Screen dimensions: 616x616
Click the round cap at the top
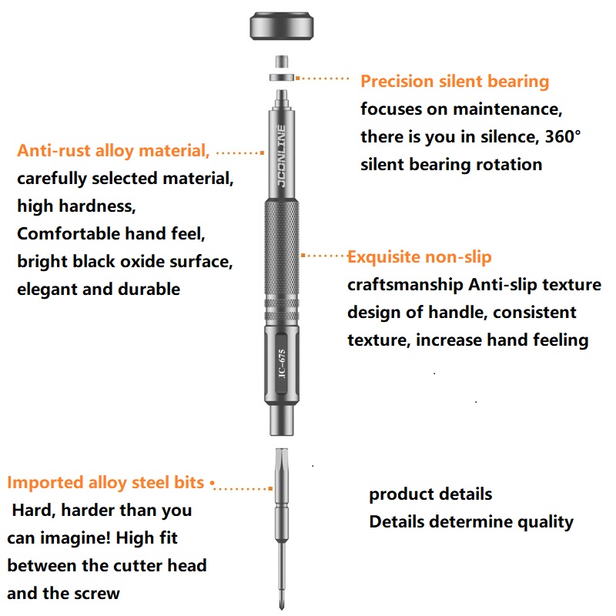coord(282,26)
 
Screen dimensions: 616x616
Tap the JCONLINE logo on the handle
coord(281,156)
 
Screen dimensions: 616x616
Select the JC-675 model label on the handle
coord(281,363)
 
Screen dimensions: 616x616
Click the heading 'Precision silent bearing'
coord(454,82)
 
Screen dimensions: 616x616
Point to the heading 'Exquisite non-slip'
coord(419,257)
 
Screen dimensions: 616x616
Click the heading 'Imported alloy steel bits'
coord(105,483)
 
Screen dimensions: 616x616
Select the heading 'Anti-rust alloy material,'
coord(113,150)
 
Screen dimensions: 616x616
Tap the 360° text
coord(563,136)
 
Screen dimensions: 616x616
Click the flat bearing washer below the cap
coord(282,78)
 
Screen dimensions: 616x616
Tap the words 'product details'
coord(430,494)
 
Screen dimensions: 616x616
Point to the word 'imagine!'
coord(75,538)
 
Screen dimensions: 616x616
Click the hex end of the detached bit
coord(282,457)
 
